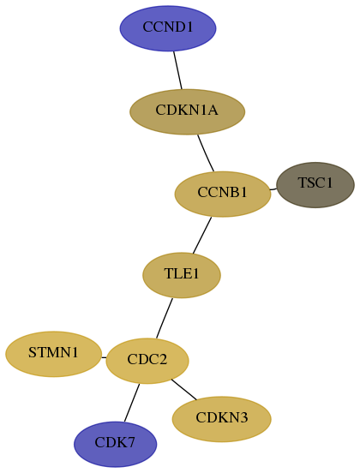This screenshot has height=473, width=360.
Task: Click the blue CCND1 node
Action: [x=168, y=28]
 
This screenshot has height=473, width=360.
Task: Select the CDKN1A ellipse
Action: [x=187, y=111]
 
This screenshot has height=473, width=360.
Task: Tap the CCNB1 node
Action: [x=223, y=194]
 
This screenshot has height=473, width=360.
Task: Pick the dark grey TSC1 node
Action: [x=315, y=184]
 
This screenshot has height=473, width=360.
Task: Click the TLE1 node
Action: [x=182, y=275]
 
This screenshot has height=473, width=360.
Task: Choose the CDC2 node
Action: [x=147, y=361]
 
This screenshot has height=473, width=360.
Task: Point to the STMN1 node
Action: [x=53, y=354]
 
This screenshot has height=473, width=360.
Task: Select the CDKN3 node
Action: [x=222, y=419]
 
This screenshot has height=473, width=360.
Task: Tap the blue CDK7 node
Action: [x=115, y=444]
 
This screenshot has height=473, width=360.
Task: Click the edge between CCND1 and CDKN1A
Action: [x=177, y=70]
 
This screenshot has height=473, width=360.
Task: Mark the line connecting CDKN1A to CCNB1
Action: [x=206, y=153]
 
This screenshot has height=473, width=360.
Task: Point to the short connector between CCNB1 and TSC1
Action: [x=273, y=189]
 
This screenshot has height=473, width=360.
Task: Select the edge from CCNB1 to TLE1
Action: [x=202, y=236]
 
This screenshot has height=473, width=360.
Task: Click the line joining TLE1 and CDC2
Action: [x=165, y=318]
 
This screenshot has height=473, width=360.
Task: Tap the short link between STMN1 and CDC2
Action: [x=104, y=357]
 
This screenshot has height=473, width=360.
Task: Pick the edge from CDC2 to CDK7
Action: [x=132, y=403]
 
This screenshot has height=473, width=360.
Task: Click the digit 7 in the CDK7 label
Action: [x=131, y=442]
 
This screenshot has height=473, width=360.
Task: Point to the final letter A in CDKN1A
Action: [x=213, y=110]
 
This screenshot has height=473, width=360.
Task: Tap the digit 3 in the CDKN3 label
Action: [x=243, y=418]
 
